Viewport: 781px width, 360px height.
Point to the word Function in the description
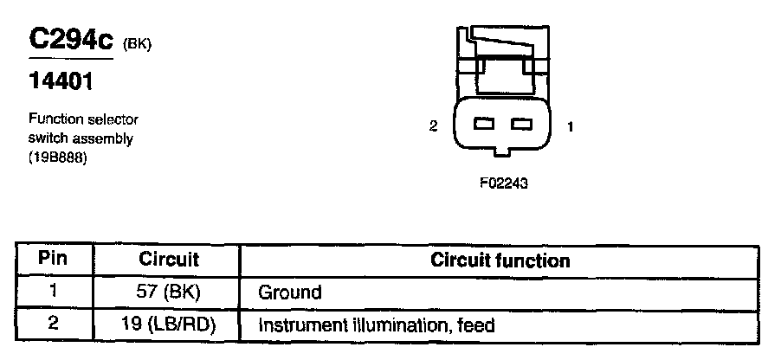(54, 119)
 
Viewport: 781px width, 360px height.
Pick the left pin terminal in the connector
(484, 125)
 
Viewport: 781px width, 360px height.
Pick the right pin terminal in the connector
(520, 125)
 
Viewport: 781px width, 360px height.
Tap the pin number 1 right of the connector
(570, 126)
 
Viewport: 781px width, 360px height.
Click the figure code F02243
(502, 183)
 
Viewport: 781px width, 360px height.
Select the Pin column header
(54, 260)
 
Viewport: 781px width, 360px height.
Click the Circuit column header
(169, 260)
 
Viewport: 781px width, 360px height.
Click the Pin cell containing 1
(54, 292)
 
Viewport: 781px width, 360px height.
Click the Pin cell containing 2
(54, 325)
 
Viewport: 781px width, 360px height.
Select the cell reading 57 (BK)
(168, 292)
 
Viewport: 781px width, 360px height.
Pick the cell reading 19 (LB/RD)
(168, 326)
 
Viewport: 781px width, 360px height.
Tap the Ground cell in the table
(289, 292)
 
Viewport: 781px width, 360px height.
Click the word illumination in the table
(375, 326)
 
